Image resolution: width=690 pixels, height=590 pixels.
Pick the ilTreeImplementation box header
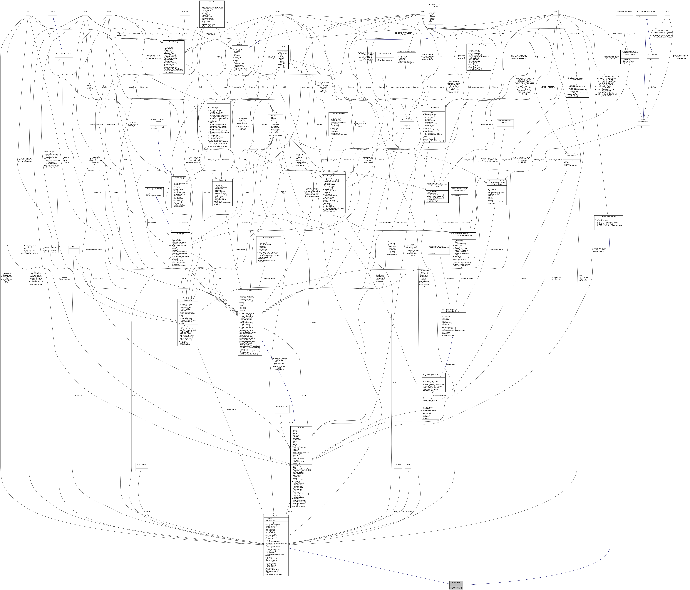(338, 114)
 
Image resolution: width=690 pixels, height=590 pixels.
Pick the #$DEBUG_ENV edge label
(138, 34)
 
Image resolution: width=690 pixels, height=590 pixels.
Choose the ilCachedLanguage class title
(178, 178)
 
